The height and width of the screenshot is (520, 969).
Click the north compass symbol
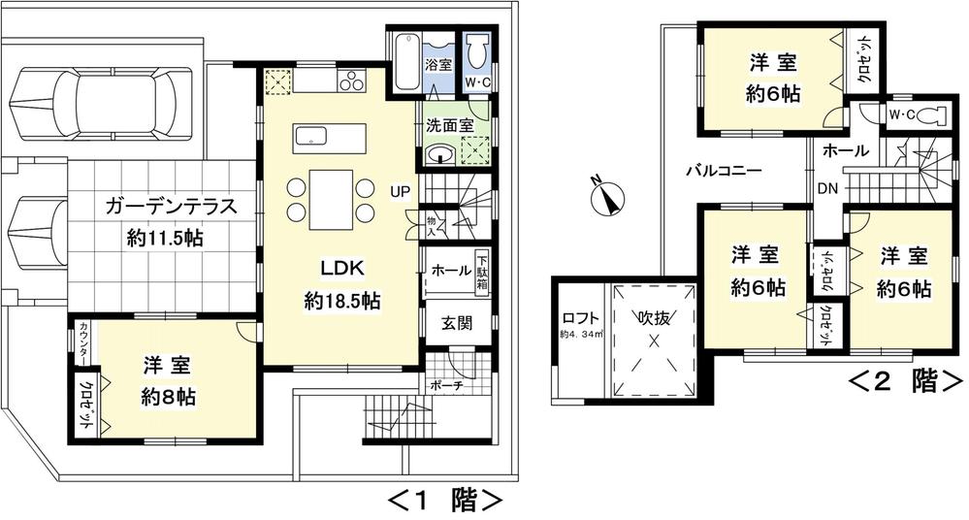click(604, 198)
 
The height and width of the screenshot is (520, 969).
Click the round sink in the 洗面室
click(438, 155)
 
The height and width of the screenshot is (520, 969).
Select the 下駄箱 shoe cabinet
click(481, 273)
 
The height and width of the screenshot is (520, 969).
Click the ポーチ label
click(446, 385)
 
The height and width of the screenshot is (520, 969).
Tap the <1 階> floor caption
click(445, 501)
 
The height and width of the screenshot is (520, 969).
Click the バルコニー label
click(723, 170)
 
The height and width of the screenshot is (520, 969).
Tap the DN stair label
click(827, 187)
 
